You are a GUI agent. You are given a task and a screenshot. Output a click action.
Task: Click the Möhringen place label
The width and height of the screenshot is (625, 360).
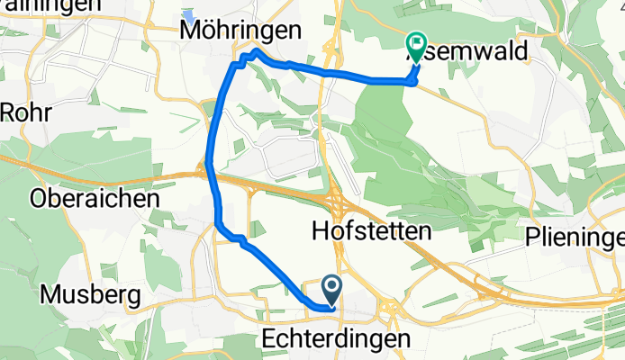[x=240, y=31]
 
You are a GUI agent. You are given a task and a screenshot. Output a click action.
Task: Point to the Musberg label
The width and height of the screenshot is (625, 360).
[x=91, y=294]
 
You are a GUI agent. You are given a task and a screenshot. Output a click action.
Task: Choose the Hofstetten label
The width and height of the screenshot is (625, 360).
[x=371, y=231]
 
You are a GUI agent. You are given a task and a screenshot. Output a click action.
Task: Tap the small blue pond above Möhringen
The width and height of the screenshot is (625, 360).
[x=189, y=16]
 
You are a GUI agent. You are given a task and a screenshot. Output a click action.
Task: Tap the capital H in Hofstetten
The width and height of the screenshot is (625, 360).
[x=319, y=231]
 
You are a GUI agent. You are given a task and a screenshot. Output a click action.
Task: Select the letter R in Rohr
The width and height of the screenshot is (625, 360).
[x=10, y=112]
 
